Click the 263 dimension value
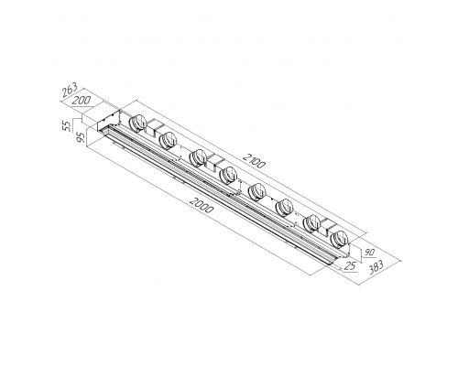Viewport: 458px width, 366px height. click(x=70, y=90)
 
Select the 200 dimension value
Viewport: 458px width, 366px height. click(x=82, y=100)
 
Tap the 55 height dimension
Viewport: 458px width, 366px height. click(x=67, y=126)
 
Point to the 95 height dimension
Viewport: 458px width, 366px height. click(x=81, y=137)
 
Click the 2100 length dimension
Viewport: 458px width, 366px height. click(x=255, y=161)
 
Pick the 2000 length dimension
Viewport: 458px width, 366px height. click(x=202, y=205)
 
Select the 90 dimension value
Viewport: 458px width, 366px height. click(x=370, y=253)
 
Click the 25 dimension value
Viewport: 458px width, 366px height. click(x=351, y=266)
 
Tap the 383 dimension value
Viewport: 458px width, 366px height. click(x=376, y=268)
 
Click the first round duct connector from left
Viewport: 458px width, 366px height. click(x=136, y=123)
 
